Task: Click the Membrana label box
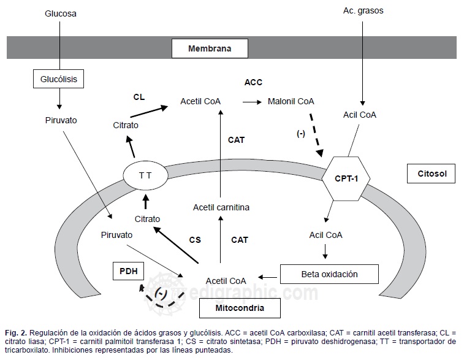[210, 47]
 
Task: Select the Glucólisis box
[58, 79]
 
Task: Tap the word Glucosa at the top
[60, 12]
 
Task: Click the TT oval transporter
[145, 175]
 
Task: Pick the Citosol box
[431, 174]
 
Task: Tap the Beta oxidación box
[329, 274]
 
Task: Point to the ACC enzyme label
[253, 82]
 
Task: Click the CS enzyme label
[194, 239]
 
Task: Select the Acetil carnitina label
[221, 207]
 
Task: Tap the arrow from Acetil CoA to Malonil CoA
[251, 102]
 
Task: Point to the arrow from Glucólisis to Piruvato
[59, 98]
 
